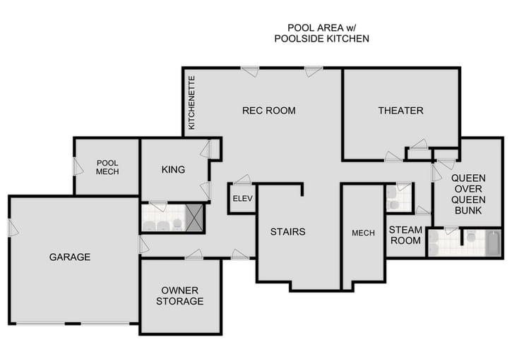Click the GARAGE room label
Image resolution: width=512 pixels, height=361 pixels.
69,257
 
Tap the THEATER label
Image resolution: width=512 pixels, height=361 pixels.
400,110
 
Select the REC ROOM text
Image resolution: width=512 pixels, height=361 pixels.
268,110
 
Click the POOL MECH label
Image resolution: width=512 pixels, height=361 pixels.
107,167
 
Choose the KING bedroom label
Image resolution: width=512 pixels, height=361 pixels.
173,169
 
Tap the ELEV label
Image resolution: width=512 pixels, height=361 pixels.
242,198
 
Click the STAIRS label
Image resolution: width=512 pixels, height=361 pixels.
287,231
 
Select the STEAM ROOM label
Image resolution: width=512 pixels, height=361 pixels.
405,235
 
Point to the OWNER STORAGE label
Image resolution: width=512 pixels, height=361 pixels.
181,295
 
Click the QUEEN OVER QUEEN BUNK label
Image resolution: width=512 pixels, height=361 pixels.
467,194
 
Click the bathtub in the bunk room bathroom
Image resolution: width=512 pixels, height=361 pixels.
492,242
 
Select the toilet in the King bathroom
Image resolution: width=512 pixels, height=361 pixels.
177,224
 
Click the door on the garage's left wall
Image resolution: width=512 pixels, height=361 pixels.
13,228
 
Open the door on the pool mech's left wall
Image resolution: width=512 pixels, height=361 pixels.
78,166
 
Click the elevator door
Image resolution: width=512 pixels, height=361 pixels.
242,180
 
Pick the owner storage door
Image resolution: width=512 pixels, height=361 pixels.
194,255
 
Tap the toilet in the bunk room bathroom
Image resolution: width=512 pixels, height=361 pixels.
470,237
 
